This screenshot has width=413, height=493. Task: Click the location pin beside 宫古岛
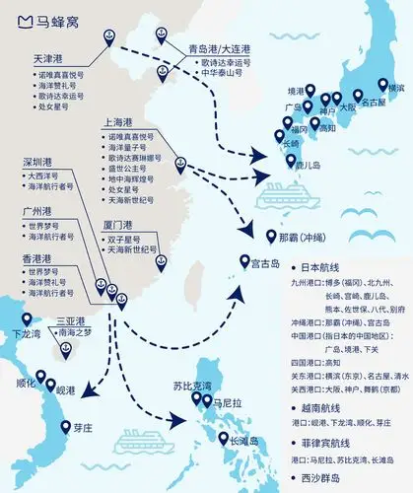tap(244, 261)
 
